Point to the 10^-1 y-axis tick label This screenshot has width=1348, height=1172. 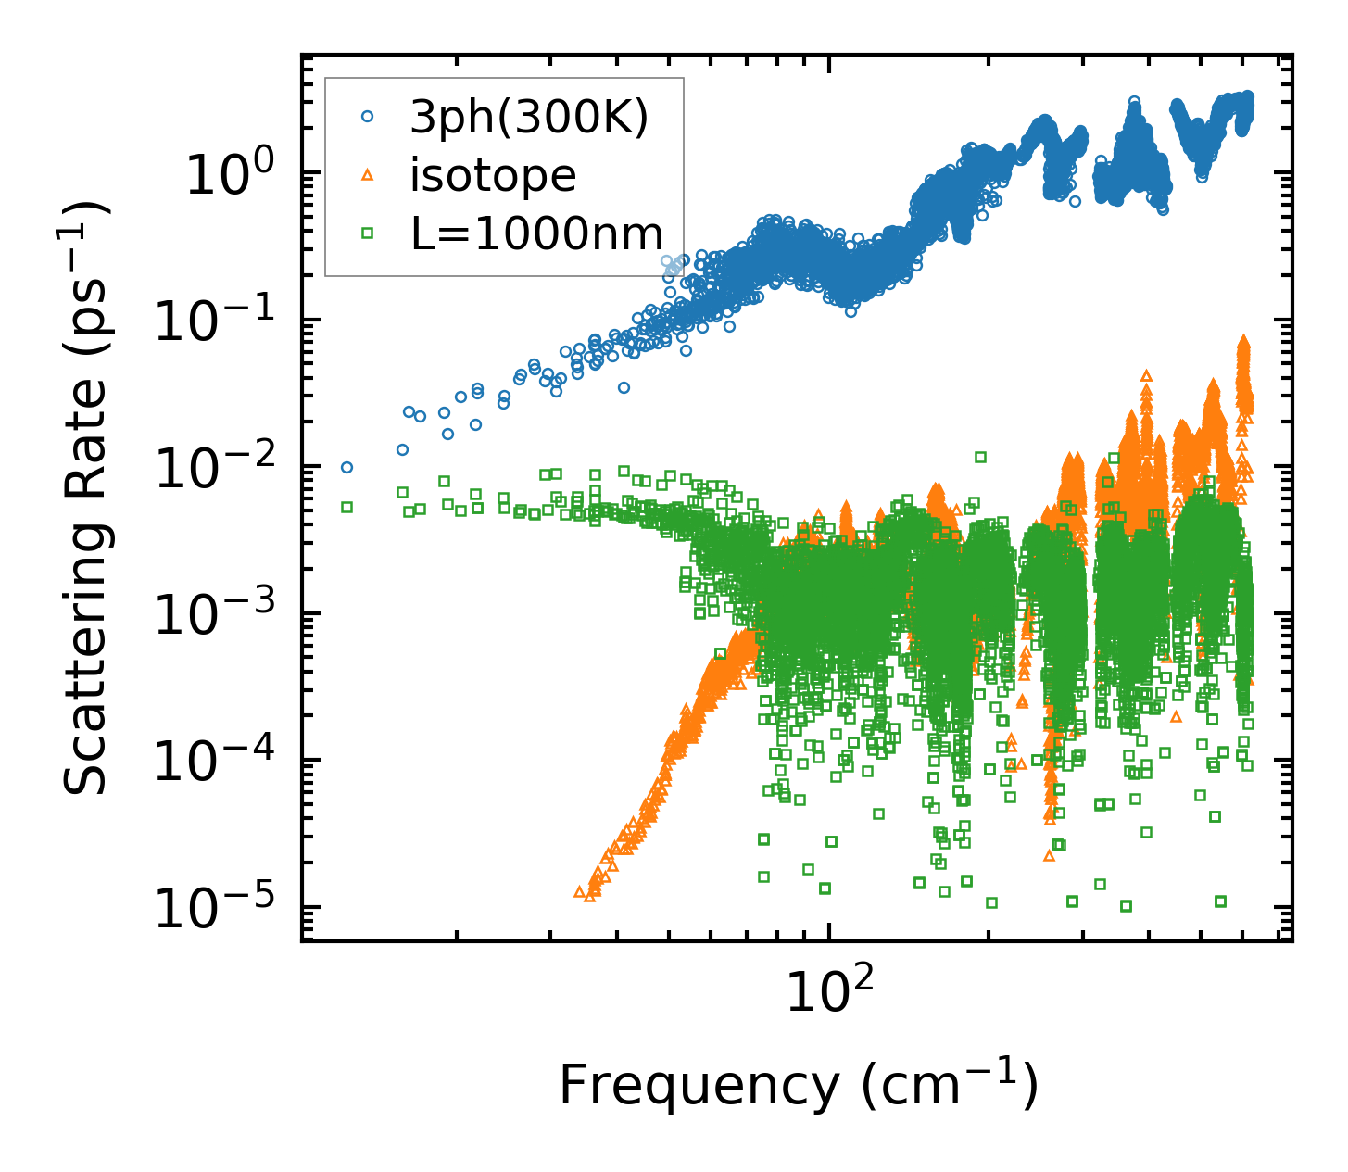click(x=219, y=321)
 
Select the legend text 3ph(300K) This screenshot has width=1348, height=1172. click(x=529, y=118)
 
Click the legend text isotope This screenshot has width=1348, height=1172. click(x=493, y=175)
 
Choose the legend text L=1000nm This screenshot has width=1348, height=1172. click(x=537, y=233)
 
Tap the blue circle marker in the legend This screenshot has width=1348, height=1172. click(x=368, y=117)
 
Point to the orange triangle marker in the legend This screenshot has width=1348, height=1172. click(x=368, y=174)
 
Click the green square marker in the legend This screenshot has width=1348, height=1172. click(x=368, y=233)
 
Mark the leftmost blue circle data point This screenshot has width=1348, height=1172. click(x=347, y=468)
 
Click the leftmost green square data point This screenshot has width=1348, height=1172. click(x=347, y=507)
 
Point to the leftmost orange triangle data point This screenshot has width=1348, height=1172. click(x=580, y=891)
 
